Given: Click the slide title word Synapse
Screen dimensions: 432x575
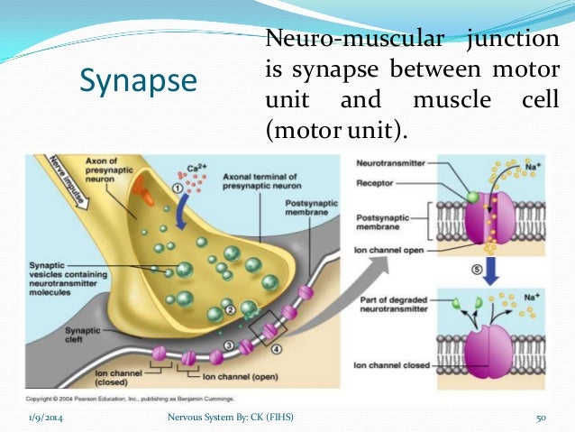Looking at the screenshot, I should [x=138, y=81].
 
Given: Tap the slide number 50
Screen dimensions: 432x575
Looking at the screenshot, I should [x=543, y=417].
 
